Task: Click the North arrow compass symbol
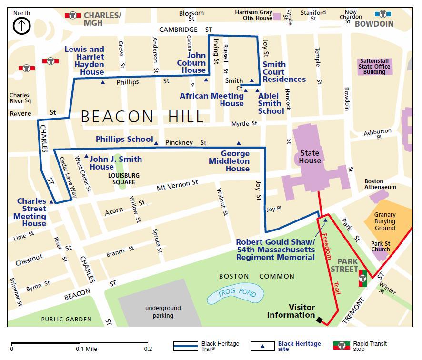click(x=22, y=25)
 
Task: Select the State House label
click(x=310, y=157)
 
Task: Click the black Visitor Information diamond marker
click(x=319, y=320)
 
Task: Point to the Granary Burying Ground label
click(x=384, y=221)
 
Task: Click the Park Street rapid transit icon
click(x=362, y=278)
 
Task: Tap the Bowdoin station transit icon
click(x=382, y=14)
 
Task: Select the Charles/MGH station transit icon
click(x=73, y=15)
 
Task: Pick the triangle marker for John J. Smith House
click(x=86, y=156)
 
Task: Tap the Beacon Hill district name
click(x=142, y=117)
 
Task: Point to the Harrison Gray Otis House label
click(x=253, y=15)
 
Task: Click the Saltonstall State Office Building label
click(x=375, y=67)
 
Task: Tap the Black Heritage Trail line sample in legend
click(x=186, y=345)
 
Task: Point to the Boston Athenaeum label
click(x=380, y=184)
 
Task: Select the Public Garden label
click(x=66, y=319)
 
